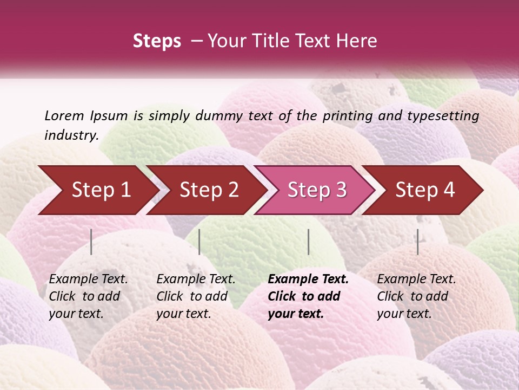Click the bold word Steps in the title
(157, 41)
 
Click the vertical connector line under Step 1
(91, 242)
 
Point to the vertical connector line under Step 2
(199, 242)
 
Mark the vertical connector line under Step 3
(309, 242)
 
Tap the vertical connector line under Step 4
(418, 242)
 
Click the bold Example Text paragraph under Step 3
(308, 296)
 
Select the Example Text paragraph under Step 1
(88, 296)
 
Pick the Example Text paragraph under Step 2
(196, 296)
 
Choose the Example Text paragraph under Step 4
(416, 296)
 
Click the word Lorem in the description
(64, 116)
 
